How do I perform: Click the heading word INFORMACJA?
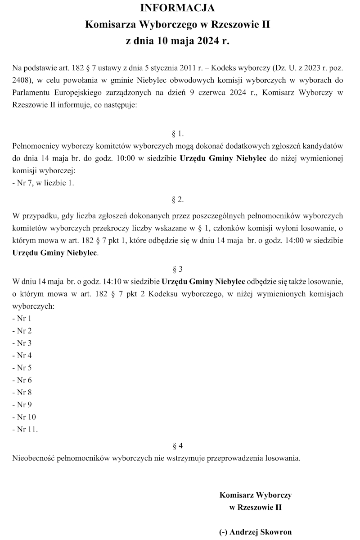point(178,8)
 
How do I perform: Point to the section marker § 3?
point(178,270)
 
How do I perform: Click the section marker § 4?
point(178,446)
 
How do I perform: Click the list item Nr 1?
point(22,319)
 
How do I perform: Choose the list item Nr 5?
point(22,368)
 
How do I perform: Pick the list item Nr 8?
point(22,392)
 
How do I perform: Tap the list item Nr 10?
point(24,417)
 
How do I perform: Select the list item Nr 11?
point(24,429)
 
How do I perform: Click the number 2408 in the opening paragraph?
point(20,81)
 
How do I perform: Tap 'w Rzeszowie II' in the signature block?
point(255,507)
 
